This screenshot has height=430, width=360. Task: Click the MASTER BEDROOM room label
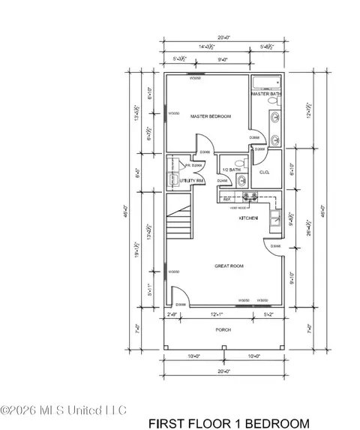210,116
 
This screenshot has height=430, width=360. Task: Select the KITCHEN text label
248,218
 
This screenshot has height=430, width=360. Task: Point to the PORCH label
223,329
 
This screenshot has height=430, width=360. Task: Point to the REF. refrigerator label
226,200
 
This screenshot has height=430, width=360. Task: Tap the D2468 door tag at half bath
223,181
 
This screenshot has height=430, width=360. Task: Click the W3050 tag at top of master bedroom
196,77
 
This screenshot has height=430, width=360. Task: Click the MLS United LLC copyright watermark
64,410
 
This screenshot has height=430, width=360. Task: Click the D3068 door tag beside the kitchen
275,246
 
